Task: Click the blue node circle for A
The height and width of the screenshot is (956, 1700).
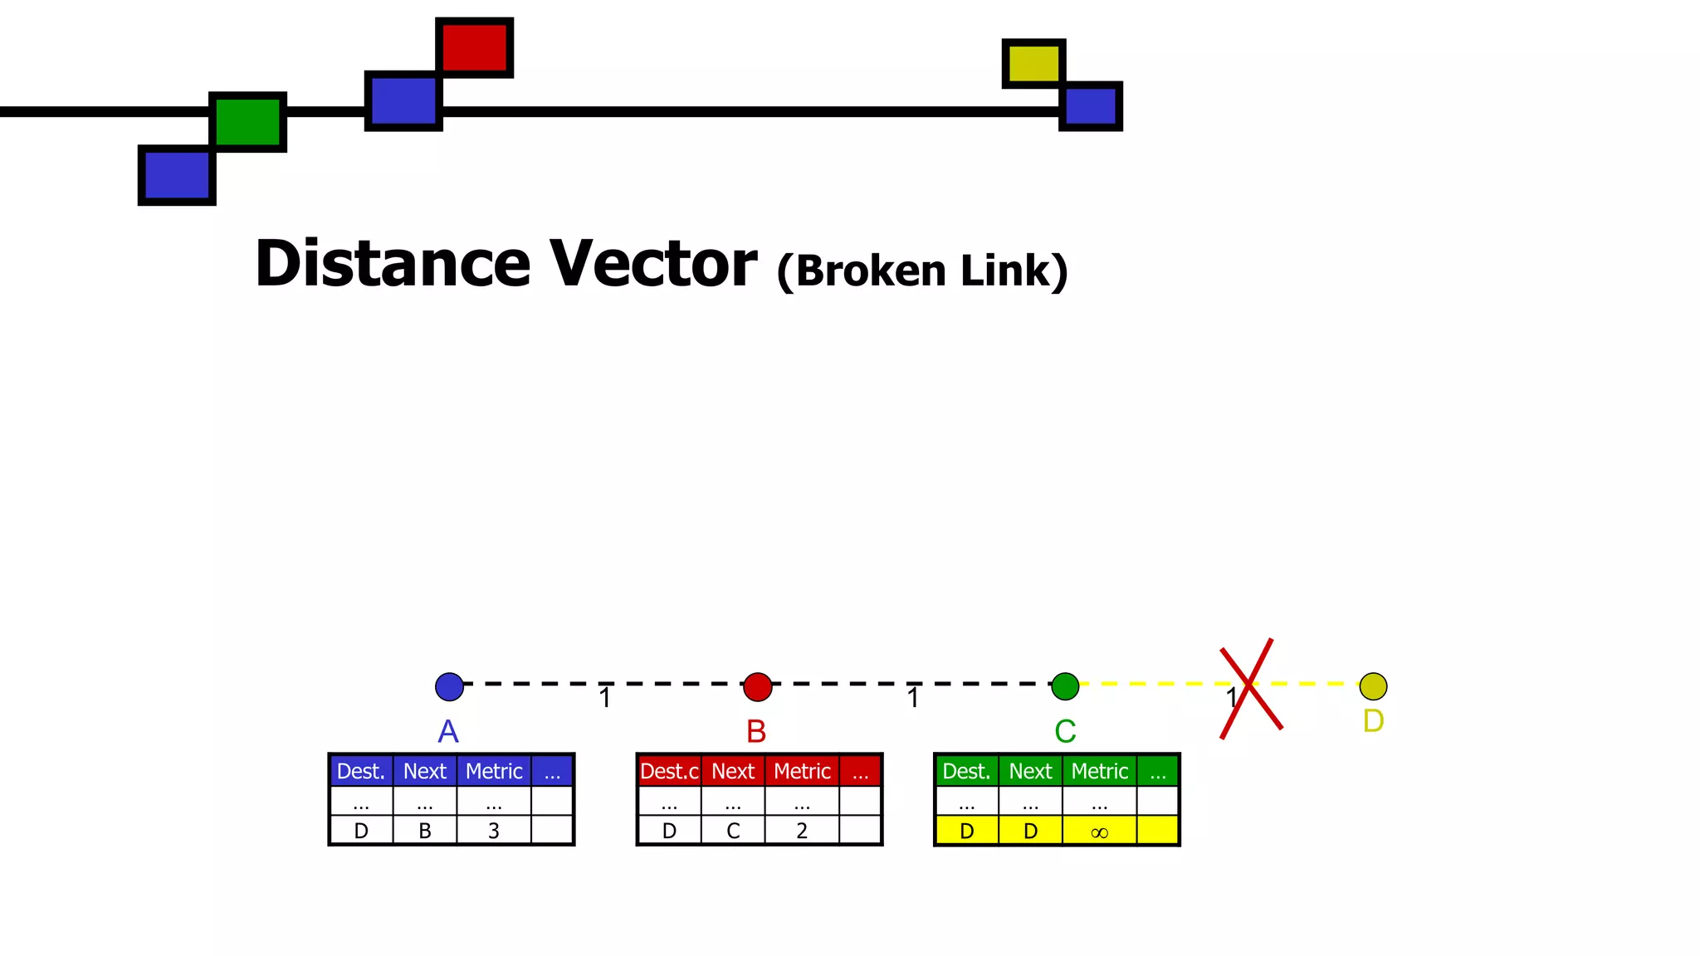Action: point(449,686)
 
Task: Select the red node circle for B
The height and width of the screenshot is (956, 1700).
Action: point(757,686)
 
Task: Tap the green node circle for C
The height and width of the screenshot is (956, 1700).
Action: point(1065,686)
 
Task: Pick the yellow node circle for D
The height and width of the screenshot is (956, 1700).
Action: point(1373,686)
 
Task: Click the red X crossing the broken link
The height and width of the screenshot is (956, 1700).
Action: point(1250,687)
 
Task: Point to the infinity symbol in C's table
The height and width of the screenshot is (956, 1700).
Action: point(1099,832)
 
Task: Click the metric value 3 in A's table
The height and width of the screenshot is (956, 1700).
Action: point(494,831)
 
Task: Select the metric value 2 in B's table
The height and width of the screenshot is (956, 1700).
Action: point(802,831)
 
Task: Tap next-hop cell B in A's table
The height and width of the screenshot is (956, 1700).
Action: point(424,831)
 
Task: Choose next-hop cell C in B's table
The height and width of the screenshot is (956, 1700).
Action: point(733,831)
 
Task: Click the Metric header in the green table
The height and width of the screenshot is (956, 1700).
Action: point(1099,771)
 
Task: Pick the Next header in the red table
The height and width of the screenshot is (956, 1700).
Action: point(733,771)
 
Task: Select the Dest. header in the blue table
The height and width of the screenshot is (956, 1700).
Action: point(360,771)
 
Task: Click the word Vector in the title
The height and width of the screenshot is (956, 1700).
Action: point(653,264)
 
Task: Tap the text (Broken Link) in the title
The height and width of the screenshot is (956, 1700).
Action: point(921,271)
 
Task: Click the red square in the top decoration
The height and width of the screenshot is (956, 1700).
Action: point(474,47)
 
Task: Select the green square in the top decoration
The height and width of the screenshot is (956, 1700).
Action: point(247,122)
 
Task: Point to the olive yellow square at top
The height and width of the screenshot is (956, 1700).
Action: point(1033,63)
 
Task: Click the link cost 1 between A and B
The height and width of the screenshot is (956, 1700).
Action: point(605,698)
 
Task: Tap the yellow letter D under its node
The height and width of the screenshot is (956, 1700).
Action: point(1373,721)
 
